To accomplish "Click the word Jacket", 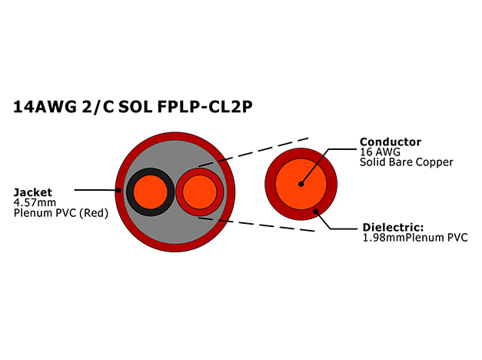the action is (33, 192).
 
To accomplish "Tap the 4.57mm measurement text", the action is (35, 203).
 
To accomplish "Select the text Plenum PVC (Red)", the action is (61, 213).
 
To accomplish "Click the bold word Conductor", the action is (391, 142).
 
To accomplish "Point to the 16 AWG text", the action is (381, 152).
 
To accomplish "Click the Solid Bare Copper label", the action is (407, 162).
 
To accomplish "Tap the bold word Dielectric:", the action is (393, 228).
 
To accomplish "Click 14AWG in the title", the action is (45, 107).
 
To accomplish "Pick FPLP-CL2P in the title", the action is (204, 107).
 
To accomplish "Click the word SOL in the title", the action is (135, 107).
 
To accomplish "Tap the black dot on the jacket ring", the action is (118, 190).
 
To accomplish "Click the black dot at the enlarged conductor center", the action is (301, 184).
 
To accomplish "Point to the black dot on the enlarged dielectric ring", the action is (315, 211).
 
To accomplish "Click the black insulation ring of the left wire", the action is (130, 192).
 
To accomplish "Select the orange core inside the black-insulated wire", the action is (151, 192).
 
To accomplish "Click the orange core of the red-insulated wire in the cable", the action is (200, 192).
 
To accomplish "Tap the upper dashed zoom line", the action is (253, 152).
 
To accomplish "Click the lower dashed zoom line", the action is (256, 224).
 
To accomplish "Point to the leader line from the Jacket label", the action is (96, 190).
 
